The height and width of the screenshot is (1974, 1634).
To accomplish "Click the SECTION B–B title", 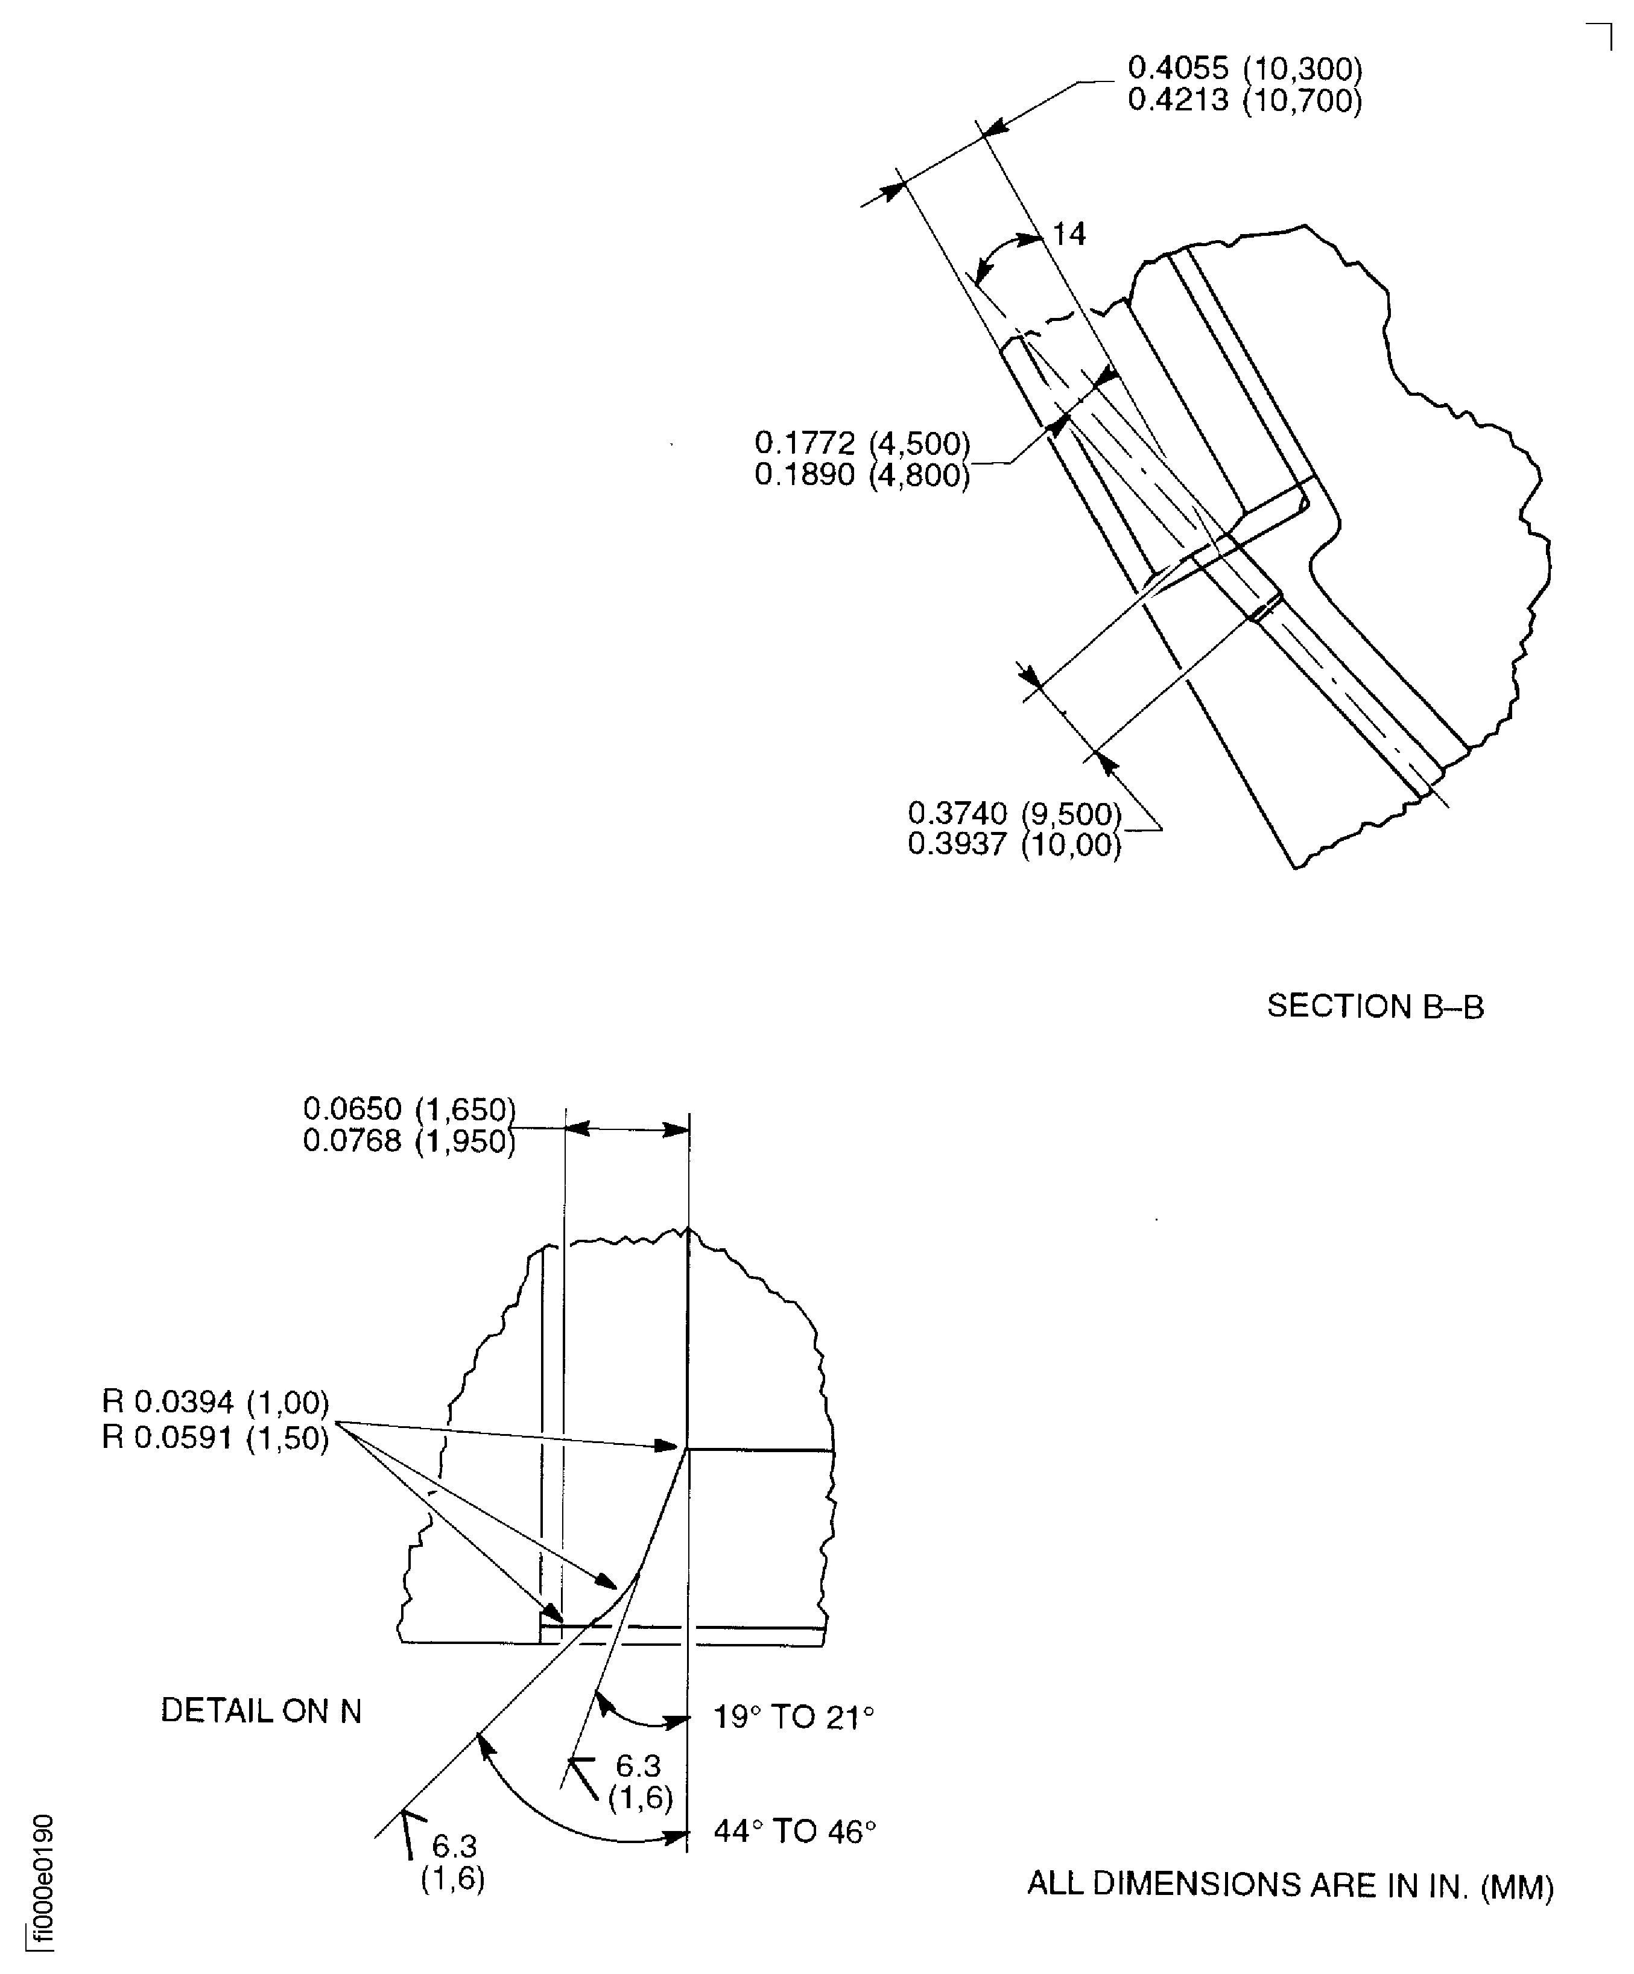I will [x=1375, y=1007].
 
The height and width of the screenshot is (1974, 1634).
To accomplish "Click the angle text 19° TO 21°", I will [x=794, y=1718].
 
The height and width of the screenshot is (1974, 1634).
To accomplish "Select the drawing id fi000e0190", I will [x=42, y=1879].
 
